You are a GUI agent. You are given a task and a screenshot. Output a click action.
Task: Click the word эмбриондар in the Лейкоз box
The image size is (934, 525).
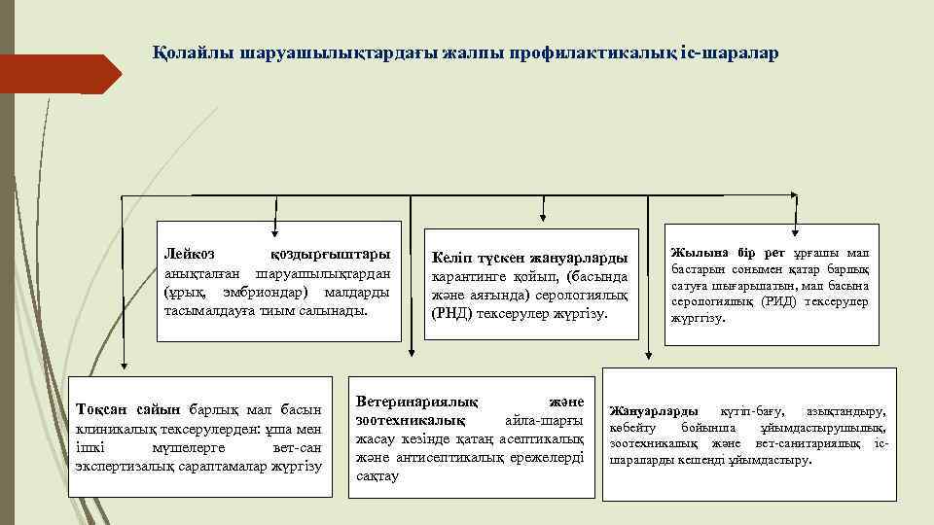pyautogui.click(x=255, y=292)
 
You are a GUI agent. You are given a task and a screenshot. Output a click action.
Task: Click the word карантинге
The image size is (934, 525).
pyautogui.click(x=470, y=277)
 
